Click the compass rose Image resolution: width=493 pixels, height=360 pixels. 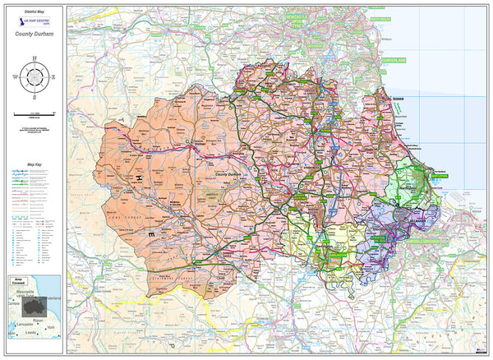click(34, 77)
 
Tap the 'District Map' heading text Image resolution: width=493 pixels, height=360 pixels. click(34, 11)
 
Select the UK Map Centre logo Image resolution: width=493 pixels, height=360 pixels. click(34, 24)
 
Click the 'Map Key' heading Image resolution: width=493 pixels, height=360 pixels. click(34, 165)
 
